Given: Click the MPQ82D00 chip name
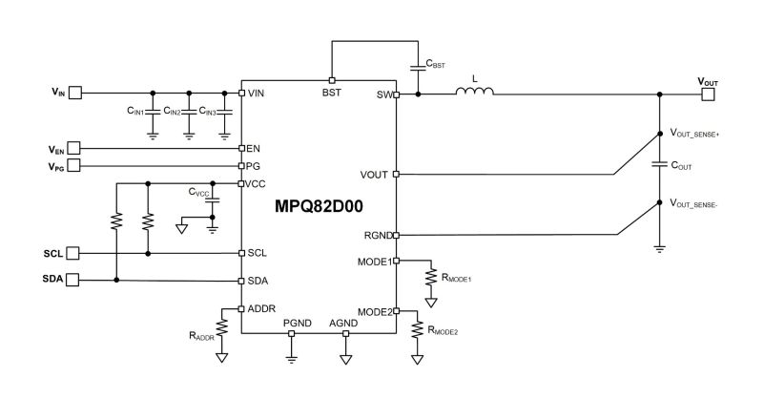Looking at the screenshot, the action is tap(319, 206).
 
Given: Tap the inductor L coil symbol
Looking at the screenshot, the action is tap(474, 91).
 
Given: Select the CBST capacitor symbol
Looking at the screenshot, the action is tap(418, 67).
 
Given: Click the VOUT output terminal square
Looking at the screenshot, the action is tap(708, 94).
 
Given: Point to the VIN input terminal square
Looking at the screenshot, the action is tap(75, 93).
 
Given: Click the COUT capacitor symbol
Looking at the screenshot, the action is tap(660, 165).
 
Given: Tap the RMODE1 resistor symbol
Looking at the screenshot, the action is tap(431, 277).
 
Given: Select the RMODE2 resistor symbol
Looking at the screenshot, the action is tap(417, 329).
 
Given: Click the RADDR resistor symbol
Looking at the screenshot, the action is tap(221, 326).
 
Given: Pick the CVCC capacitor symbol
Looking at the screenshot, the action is tap(212, 199).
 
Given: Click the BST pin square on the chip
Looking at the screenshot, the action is tap(332, 80).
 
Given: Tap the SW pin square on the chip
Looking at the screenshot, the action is tap(396, 94).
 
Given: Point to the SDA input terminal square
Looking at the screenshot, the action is tap(72, 280).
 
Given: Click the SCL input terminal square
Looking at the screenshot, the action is tap(72, 253).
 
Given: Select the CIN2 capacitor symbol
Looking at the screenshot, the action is tap(189, 112).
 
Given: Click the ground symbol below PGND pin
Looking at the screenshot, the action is tap(291, 360).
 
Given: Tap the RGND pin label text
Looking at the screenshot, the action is tap(378, 236).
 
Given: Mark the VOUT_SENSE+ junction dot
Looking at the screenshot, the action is tap(660, 133).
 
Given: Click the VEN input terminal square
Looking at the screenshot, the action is tap(73, 148).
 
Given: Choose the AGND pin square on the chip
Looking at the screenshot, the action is tap(345, 334).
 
